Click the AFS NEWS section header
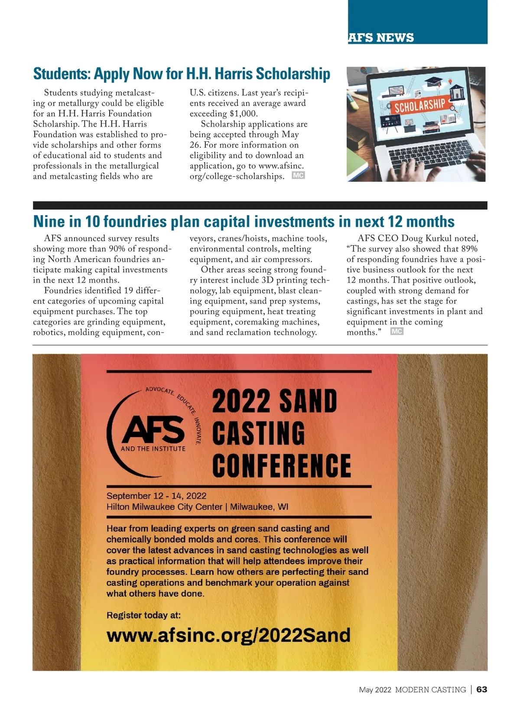(381, 38)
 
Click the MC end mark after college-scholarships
(298, 175)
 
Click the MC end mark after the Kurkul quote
(396, 331)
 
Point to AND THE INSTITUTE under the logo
(153, 449)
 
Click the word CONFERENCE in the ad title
(281, 465)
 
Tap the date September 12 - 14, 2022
(156, 496)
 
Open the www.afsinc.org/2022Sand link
(228, 635)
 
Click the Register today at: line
(143, 615)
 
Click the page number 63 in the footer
(482, 689)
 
